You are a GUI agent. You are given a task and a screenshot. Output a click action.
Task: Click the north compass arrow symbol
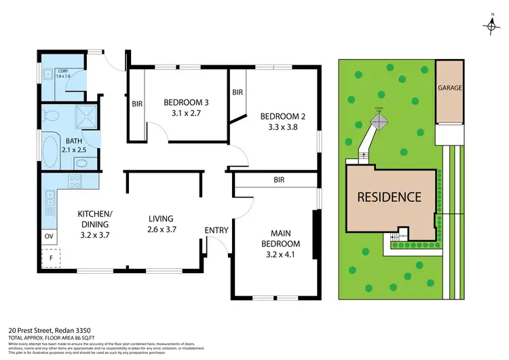point(491,24)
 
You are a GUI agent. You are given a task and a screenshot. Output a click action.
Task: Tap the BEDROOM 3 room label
point(186,103)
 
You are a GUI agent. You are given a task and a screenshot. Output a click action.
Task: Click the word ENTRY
point(216,230)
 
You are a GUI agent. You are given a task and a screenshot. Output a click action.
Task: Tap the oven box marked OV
point(49,236)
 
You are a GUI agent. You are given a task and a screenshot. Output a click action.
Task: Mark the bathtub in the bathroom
point(50,149)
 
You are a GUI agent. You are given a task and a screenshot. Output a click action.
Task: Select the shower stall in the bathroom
point(86,117)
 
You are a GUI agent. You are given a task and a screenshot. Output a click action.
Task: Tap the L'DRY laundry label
point(63,71)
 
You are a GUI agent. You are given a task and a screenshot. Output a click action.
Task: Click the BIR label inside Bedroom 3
point(136,104)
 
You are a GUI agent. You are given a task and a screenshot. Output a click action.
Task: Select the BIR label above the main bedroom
point(279,181)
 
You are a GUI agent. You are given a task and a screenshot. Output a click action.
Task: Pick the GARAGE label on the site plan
point(449,88)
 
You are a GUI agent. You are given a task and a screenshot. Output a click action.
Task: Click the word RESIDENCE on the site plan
point(390,198)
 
